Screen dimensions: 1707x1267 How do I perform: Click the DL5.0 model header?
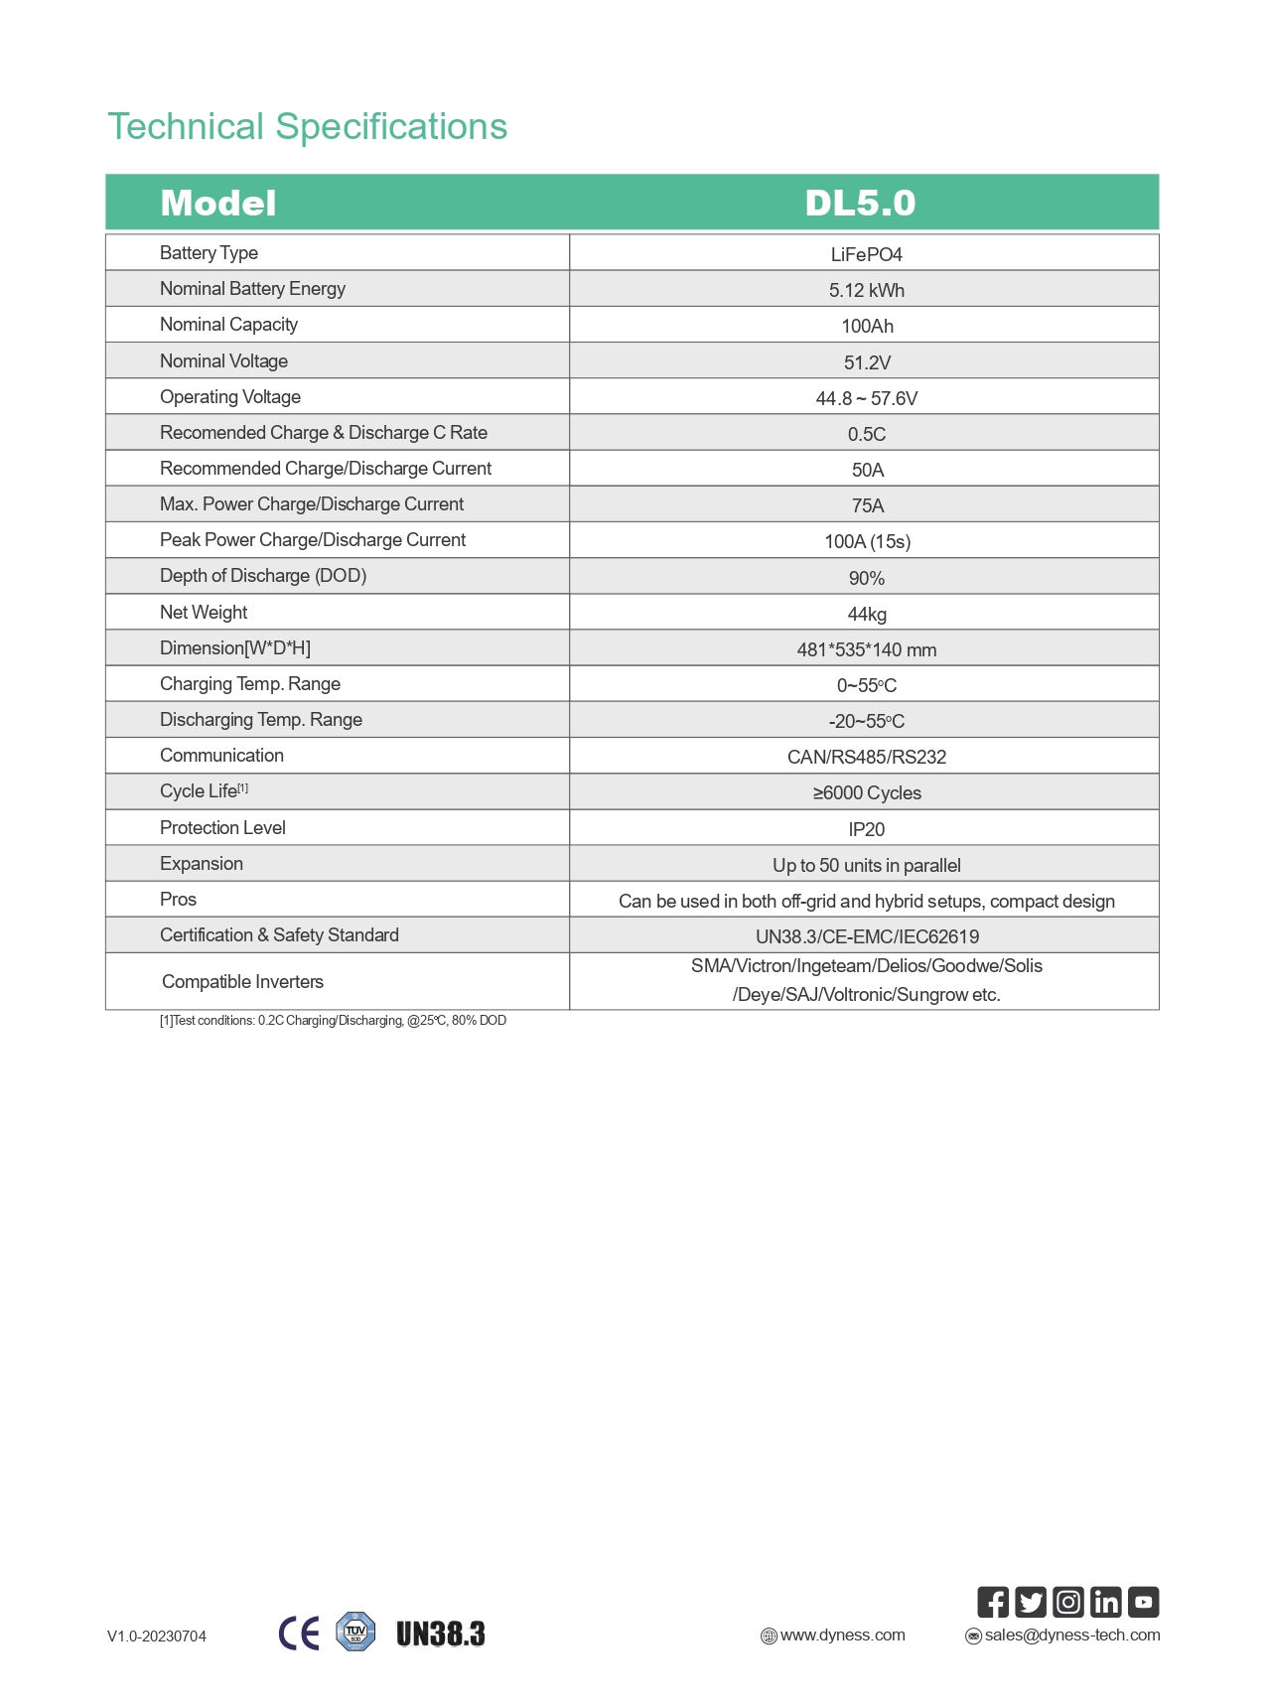tap(860, 203)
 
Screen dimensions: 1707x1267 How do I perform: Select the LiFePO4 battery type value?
tap(866, 254)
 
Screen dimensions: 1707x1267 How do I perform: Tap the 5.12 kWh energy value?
tap(866, 290)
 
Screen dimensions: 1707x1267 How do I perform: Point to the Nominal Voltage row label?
tap(223, 361)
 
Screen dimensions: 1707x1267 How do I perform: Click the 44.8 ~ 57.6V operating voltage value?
tap(866, 398)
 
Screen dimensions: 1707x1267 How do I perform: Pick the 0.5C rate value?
tap(866, 434)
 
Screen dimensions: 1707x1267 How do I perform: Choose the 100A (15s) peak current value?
tap(866, 541)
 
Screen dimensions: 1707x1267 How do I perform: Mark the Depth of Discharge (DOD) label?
tap(263, 576)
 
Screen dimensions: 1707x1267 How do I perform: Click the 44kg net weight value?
tap(866, 614)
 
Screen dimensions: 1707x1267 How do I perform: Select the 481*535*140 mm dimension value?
tap(866, 649)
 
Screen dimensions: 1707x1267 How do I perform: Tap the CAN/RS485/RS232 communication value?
tap(866, 757)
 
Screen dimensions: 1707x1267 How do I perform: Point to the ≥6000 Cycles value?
tap(866, 792)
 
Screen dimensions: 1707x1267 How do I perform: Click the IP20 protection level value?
tap(866, 829)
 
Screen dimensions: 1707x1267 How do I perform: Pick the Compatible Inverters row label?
tap(242, 982)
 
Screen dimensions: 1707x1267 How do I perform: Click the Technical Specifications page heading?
tap(307, 127)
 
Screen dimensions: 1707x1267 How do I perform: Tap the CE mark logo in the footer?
tap(299, 1634)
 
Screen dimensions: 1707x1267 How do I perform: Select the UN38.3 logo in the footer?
tap(440, 1634)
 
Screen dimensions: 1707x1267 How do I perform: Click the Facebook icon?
tap(992, 1602)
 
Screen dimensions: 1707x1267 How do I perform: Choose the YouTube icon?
tap(1143, 1602)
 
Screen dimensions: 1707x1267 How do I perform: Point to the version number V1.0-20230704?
tap(157, 1636)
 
